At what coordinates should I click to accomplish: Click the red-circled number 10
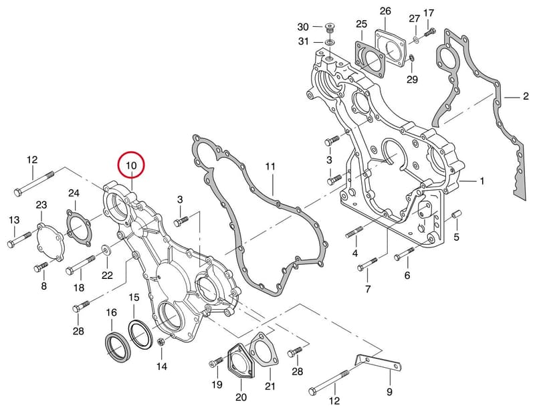click(131, 165)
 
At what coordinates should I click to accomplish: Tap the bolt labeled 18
click(80, 265)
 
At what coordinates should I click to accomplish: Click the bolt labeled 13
click(19, 240)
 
